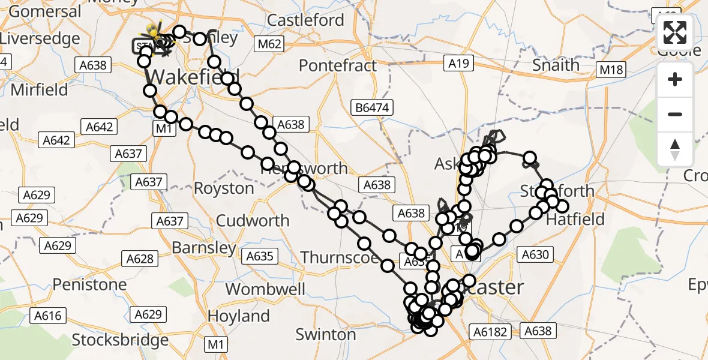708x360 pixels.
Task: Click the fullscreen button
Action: [675, 32]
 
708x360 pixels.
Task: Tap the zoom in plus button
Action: [675, 80]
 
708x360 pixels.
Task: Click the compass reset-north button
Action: [675, 149]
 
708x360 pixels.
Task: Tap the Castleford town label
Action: [305, 20]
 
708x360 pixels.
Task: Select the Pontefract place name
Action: [338, 65]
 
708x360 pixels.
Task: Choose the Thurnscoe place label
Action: [340, 257]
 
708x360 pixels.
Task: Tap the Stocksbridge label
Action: [120, 340]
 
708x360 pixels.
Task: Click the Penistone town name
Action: [89, 284]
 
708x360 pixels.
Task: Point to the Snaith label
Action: [556, 65]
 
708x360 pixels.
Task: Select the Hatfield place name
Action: [576, 220]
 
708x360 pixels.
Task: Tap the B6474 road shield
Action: [373, 108]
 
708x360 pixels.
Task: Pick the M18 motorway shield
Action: [611, 70]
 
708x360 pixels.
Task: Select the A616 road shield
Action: [47, 315]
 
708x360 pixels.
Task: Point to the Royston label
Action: [224, 188]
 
